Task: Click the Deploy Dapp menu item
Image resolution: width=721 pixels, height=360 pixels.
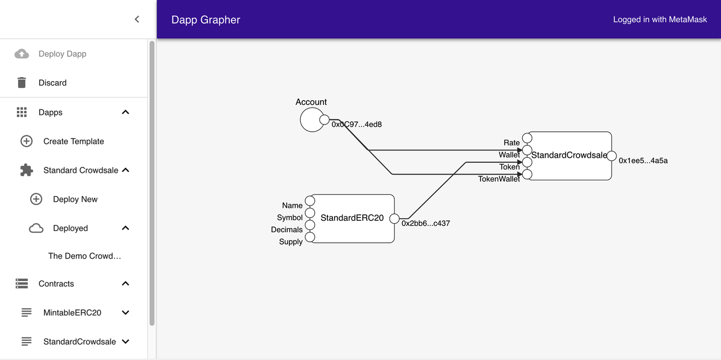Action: click(62, 54)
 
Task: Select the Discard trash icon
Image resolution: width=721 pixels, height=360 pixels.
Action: click(22, 83)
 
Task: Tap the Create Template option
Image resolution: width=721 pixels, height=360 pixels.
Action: click(73, 141)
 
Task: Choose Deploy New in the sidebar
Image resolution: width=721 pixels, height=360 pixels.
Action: click(75, 199)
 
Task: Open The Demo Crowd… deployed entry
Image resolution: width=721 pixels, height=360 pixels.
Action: click(84, 256)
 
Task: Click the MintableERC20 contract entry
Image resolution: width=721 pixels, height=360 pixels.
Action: click(72, 313)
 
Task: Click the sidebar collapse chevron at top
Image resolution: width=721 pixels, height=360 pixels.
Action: click(136, 19)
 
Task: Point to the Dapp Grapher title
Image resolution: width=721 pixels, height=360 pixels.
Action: click(206, 20)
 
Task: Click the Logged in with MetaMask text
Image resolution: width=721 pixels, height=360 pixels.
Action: click(660, 20)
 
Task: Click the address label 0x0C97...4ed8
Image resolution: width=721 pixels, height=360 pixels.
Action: click(357, 125)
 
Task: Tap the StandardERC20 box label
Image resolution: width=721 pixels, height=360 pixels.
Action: click(352, 218)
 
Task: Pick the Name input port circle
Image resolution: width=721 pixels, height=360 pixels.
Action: click(310, 201)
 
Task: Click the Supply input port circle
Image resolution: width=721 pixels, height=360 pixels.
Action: click(310, 237)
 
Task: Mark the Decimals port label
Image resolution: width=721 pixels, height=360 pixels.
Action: click(287, 230)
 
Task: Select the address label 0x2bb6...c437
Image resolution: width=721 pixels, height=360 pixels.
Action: click(425, 224)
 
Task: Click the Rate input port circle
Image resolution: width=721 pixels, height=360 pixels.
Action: click(527, 138)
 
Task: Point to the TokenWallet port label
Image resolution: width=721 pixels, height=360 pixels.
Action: click(499, 179)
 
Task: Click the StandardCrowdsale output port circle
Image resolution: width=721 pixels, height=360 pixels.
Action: click(612, 156)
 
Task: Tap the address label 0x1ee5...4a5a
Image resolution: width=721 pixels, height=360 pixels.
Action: click(643, 161)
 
